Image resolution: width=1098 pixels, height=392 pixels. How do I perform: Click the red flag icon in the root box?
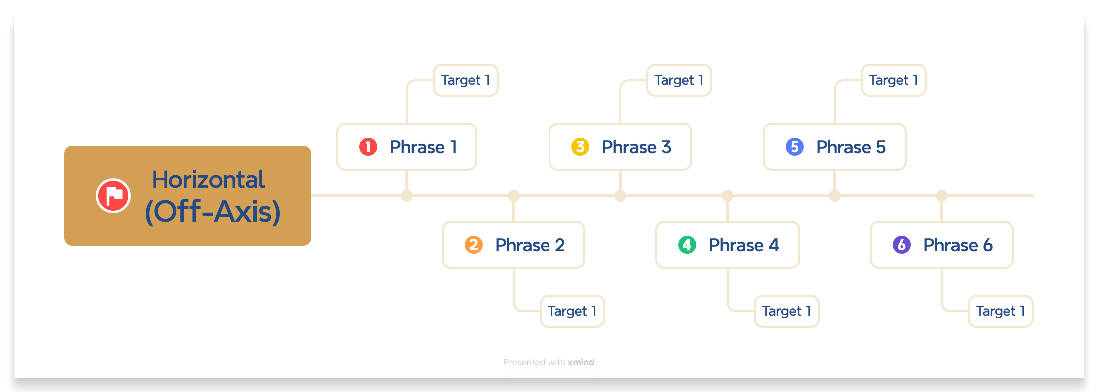point(113,196)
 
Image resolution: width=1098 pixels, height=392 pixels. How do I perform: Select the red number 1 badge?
point(368,147)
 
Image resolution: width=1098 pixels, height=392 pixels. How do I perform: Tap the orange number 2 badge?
point(473,245)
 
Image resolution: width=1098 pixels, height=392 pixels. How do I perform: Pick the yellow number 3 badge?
point(580,147)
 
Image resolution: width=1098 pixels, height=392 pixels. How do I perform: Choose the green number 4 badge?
point(687,245)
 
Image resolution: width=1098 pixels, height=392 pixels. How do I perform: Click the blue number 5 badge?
point(795,147)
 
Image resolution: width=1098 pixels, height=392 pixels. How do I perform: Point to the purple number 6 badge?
point(902,245)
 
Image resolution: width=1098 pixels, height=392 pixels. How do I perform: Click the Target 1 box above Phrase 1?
point(465,80)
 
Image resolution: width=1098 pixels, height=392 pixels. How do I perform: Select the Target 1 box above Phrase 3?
point(679,80)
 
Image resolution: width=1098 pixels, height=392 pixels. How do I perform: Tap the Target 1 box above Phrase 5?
point(893,80)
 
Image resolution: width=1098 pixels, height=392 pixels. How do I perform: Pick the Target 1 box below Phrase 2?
point(572,311)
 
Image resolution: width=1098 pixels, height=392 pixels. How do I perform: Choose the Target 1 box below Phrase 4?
point(786,311)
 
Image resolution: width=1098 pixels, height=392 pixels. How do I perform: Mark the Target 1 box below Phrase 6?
point(1000,311)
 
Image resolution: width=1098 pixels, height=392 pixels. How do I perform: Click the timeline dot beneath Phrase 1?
point(407,196)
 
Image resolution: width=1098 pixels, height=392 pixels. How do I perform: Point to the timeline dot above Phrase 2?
point(514,196)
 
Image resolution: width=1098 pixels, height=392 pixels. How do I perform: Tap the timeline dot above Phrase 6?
point(942,196)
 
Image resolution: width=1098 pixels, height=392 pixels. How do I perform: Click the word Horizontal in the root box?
point(208,180)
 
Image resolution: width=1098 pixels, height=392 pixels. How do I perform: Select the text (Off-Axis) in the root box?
point(213,212)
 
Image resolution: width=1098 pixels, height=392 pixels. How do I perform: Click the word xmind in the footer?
point(581,362)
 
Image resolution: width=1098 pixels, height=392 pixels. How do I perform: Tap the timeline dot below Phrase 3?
point(620,196)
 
